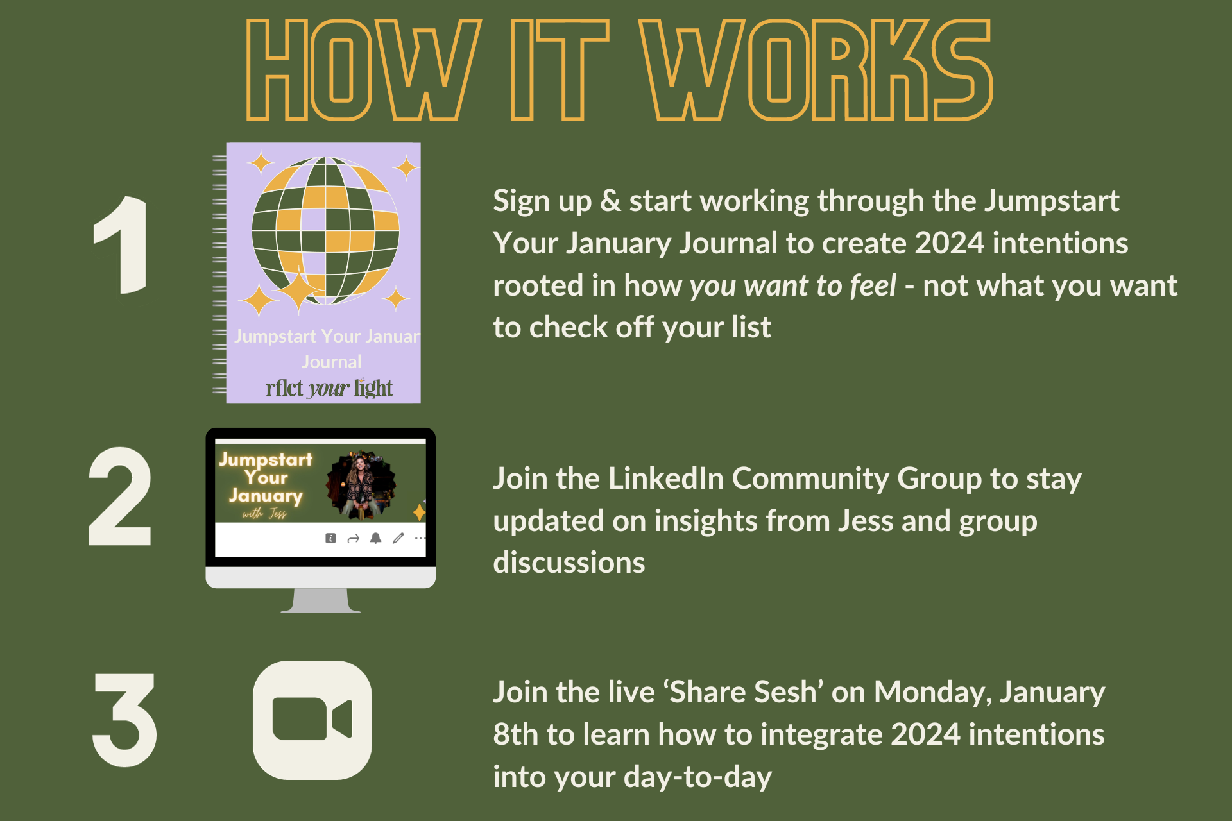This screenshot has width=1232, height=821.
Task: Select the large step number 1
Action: (121, 245)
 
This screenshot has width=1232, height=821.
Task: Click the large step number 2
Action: (120, 496)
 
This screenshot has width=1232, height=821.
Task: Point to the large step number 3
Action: (124, 720)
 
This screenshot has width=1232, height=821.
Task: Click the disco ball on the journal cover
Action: (325, 230)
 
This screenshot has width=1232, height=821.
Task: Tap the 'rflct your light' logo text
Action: (329, 388)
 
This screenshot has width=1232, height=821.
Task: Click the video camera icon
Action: (312, 720)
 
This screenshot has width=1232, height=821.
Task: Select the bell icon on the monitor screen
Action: (376, 538)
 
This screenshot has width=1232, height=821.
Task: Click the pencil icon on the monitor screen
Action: (398, 538)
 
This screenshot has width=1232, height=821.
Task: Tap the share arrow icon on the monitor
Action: (353, 539)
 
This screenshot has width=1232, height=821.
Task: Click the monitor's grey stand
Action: (320, 600)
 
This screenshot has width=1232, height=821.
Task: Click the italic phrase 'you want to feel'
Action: (792, 285)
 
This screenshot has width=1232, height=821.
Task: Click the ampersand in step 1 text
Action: (611, 201)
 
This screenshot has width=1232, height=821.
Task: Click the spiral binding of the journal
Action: (219, 274)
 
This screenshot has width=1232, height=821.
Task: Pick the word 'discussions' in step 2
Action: (569, 563)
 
